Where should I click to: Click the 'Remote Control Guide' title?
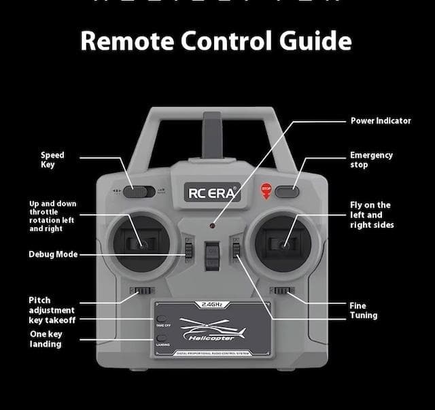tap(216, 41)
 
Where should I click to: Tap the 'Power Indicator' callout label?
tap(381, 121)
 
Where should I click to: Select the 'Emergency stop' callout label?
tap(371, 160)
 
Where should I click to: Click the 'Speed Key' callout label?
tap(52, 160)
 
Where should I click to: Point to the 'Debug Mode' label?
tap(53, 254)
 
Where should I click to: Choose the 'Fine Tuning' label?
tap(363, 311)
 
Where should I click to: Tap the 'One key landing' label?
tap(46, 339)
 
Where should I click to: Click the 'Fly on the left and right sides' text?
tap(371, 215)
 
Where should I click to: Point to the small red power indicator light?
tap(212, 224)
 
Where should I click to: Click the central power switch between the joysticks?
tap(213, 254)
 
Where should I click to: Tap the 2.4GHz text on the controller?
tap(212, 304)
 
